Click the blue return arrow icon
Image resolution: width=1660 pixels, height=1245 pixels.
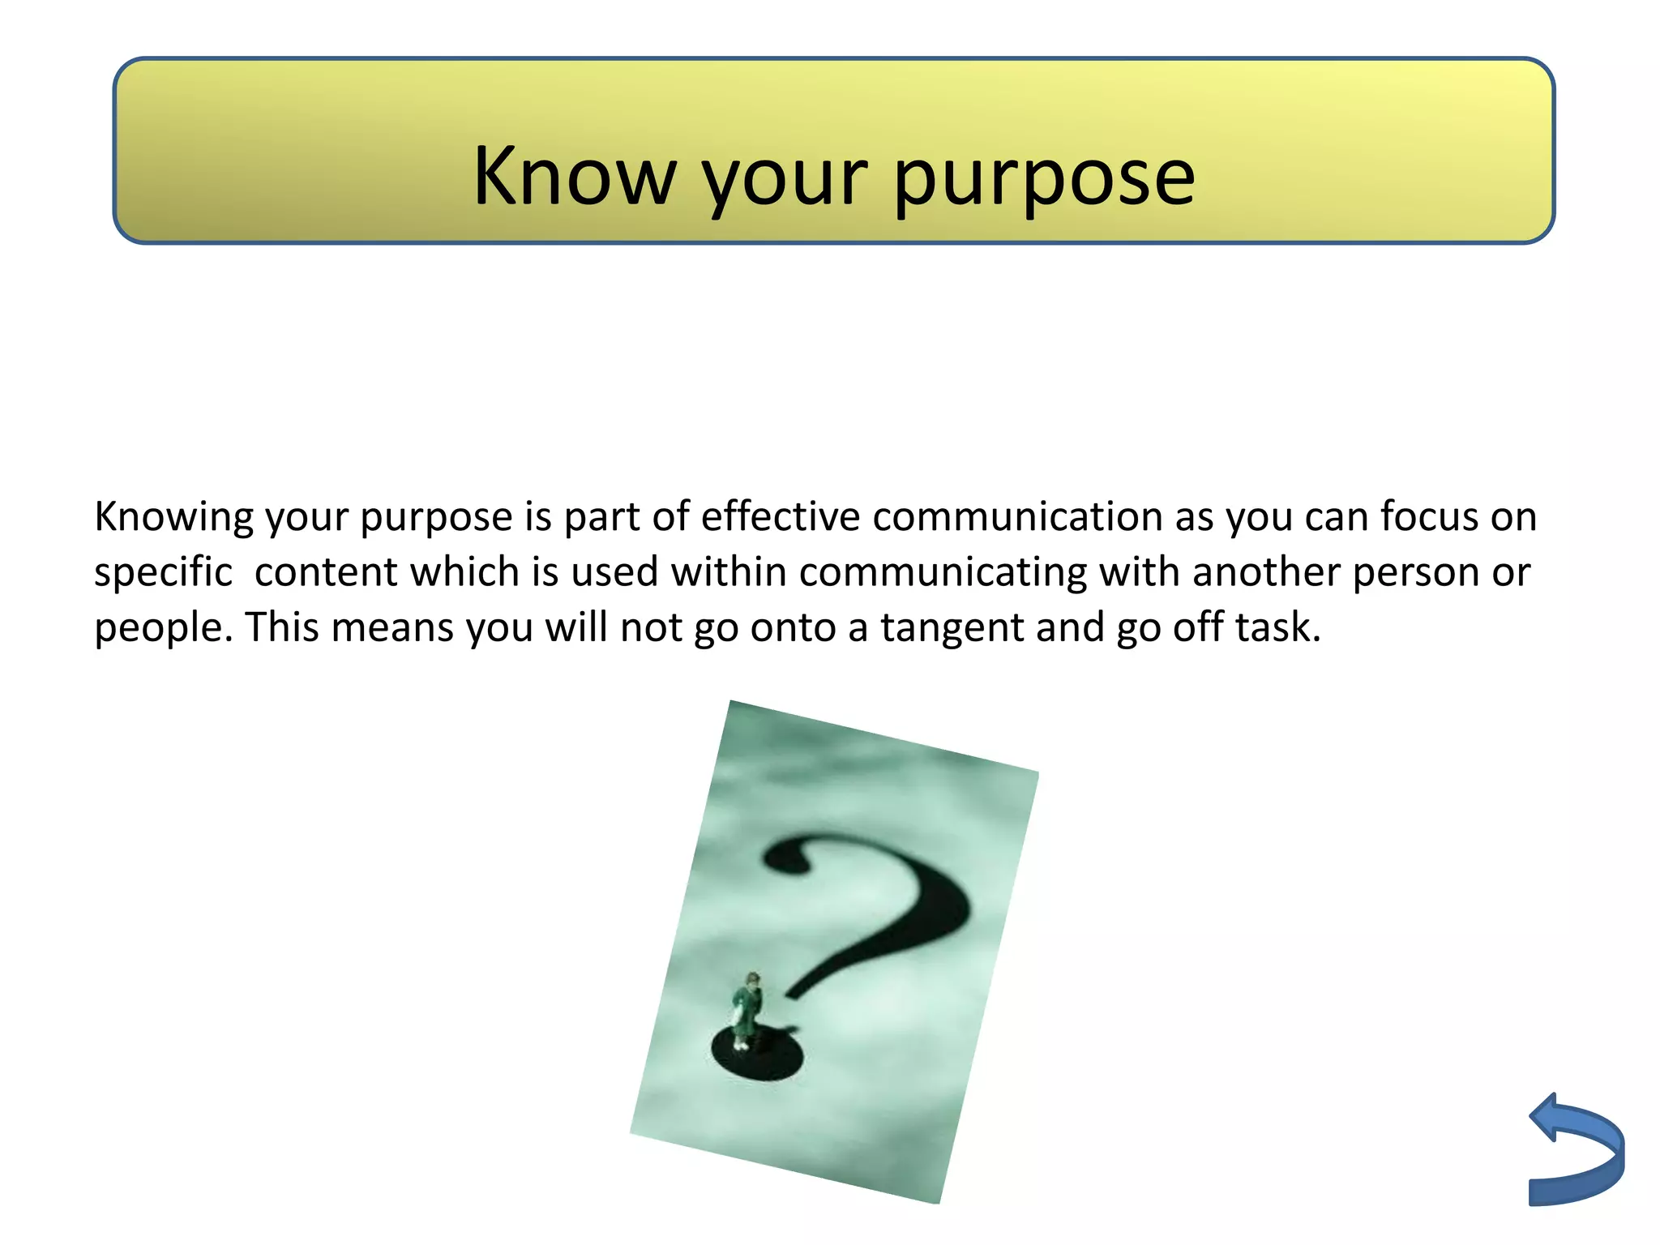coord(1577,1150)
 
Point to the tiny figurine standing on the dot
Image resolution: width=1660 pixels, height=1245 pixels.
coord(747,1010)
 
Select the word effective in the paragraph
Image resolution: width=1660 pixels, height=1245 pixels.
coord(780,517)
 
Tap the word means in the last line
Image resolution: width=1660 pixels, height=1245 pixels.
coord(392,627)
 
